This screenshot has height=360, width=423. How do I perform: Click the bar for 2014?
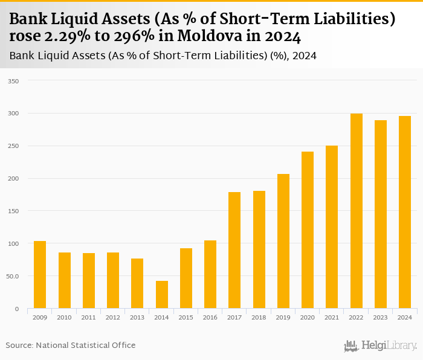click(x=162, y=295)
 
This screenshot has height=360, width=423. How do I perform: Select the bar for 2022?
click(x=357, y=211)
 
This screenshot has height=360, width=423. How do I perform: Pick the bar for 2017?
click(x=234, y=250)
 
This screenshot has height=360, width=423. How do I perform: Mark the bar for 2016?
click(x=210, y=274)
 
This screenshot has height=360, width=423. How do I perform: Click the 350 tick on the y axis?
click(x=13, y=80)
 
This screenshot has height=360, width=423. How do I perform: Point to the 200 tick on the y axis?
click(x=13, y=178)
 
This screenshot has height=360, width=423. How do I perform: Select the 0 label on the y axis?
click(x=16, y=309)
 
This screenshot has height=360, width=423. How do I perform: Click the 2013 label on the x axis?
click(x=137, y=317)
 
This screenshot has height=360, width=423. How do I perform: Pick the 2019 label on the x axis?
click(x=283, y=317)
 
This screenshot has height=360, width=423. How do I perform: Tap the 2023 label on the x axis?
click(x=381, y=317)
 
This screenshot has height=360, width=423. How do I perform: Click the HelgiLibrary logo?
click(x=381, y=346)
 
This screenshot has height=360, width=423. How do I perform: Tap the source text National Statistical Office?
click(x=86, y=346)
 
